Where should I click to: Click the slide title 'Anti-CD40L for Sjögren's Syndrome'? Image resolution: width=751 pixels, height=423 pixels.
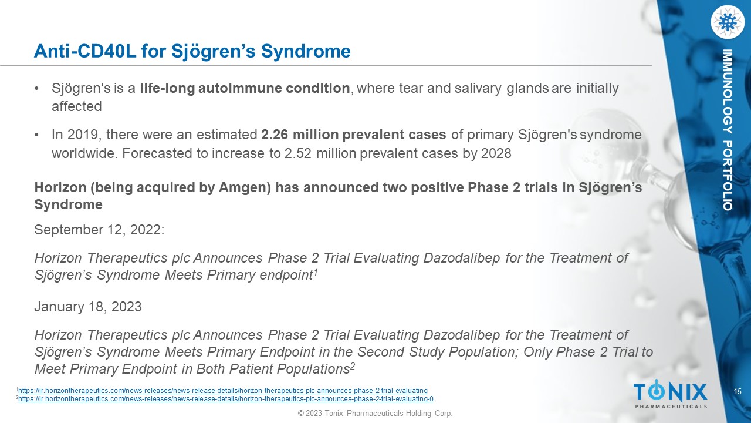pyautogui.click(x=192, y=52)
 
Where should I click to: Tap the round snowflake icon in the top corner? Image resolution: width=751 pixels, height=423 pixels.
pyautogui.click(x=728, y=22)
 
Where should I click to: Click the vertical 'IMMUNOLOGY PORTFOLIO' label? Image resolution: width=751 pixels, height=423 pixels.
pyautogui.click(x=728, y=130)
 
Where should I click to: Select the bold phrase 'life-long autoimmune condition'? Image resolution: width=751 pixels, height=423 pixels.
pyautogui.click(x=245, y=88)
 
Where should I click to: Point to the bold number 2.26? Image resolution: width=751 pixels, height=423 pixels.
pyautogui.click(x=275, y=135)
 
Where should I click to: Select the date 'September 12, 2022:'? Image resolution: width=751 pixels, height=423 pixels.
pyautogui.click(x=99, y=230)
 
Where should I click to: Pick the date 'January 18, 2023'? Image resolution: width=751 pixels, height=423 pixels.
pyautogui.click(x=88, y=307)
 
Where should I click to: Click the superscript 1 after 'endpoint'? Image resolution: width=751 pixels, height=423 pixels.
pyautogui.click(x=315, y=273)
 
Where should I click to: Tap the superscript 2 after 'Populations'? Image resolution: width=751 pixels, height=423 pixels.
pyautogui.click(x=353, y=366)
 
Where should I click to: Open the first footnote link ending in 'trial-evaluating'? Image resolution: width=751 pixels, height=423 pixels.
pyautogui.click(x=222, y=391)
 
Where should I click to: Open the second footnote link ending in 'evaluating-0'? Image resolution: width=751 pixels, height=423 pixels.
pyautogui.click(x=226, y=399)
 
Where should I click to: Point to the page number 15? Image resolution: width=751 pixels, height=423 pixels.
pyautogui.click(x=738, y=391)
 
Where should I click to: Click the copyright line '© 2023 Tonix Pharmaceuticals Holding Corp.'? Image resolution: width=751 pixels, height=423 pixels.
pyautogui.click(x=375, y=413)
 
